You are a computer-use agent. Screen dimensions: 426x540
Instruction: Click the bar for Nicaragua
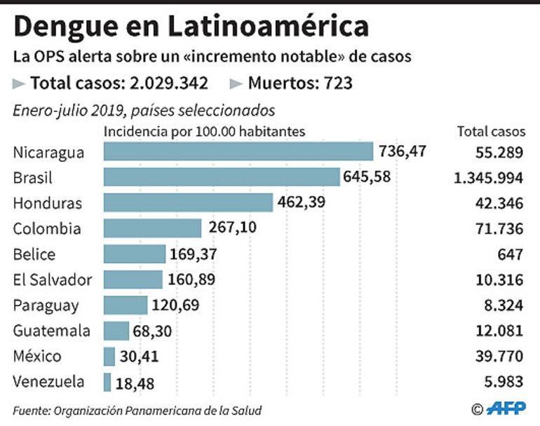point(238,151)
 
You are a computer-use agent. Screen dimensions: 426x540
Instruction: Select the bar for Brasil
point(222,177)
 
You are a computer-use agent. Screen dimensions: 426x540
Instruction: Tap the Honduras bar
point(188,203)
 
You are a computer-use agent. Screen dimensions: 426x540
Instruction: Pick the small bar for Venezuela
point(107,383)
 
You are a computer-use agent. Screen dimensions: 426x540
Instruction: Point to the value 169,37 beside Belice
point(194,254)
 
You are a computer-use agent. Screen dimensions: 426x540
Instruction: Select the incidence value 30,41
point(139,357)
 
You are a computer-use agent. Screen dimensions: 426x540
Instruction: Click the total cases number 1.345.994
point(488,178)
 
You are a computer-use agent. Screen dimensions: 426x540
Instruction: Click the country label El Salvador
point(53,280)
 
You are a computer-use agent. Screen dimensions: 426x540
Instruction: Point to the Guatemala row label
point(51,331)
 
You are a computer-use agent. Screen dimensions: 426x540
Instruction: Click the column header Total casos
point(491,131)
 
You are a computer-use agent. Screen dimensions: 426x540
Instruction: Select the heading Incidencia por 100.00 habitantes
point(204,131)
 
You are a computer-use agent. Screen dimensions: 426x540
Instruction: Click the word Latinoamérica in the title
point(268,27)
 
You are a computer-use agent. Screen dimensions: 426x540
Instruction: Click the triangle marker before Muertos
point(236,84)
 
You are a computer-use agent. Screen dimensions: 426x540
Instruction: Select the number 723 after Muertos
point(338,84)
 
